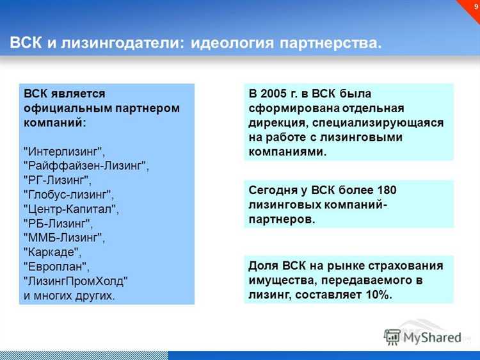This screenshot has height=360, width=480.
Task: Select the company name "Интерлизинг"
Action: coord(63,151)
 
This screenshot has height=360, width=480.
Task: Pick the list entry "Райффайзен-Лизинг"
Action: coord(86,165)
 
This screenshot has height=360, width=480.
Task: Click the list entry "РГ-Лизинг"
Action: coord(57,179)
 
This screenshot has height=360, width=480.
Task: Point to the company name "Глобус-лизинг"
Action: coord(68,193)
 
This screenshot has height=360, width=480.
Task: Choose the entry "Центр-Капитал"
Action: coord(70,208)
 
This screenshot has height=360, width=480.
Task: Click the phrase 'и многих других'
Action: coord(69,295)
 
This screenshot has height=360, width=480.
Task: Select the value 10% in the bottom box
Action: coord(377,294)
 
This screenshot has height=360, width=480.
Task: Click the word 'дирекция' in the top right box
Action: coord(275,122)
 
